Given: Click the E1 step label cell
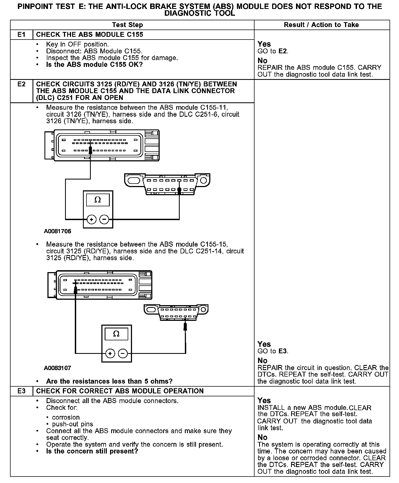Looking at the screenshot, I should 21,35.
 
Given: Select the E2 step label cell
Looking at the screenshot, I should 21,84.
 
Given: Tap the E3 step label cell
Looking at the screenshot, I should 21,391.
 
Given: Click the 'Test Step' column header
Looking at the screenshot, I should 127,25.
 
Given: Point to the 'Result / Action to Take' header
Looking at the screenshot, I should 321,25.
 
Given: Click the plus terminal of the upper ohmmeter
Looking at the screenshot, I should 91,219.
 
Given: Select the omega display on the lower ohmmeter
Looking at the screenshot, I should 116,334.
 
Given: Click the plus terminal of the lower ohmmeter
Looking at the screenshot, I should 110,353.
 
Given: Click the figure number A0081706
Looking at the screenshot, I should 57,231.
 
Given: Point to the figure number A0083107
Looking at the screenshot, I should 57,368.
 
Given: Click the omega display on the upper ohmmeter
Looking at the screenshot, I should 98,200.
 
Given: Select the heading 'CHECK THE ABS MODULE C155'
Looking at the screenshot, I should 89,35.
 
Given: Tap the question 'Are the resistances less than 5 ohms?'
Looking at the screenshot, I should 109,381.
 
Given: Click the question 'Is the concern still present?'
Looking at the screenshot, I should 92,451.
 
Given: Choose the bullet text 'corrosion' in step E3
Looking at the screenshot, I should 66,417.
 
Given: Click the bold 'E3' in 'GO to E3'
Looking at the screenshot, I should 282,351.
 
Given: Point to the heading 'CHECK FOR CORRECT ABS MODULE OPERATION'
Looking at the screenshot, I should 120,391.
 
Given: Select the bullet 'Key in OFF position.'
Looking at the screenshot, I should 77,44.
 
